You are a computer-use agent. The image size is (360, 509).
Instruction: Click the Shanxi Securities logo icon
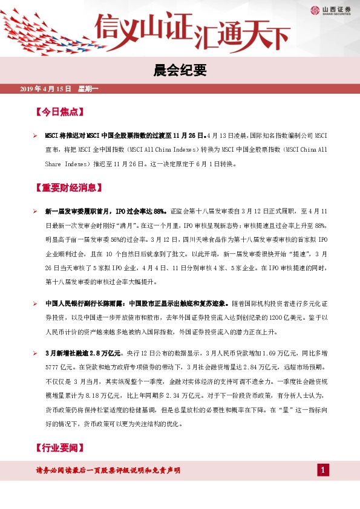coord(315,9)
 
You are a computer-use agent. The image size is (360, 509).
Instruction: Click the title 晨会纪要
coord(180,71)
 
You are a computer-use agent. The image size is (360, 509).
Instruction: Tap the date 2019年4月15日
coord(45,90)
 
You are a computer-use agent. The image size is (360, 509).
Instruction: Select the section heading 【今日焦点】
coord(59,112)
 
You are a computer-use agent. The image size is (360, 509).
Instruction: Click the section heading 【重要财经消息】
coord(67,187)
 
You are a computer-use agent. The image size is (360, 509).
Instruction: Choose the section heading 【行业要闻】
coord(59,448)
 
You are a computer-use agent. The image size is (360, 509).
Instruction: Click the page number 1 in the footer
coord(324,470)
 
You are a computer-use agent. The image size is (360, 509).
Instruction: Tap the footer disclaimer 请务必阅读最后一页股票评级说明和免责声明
coord(108,470)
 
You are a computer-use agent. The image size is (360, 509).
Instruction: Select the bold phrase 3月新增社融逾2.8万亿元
coord(84,352)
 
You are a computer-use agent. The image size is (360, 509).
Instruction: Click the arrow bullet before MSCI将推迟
coord(35,136)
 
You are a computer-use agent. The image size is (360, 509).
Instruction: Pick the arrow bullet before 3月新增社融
coord(35,352)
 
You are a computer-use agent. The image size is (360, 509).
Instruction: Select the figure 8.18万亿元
coord(122,395)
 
